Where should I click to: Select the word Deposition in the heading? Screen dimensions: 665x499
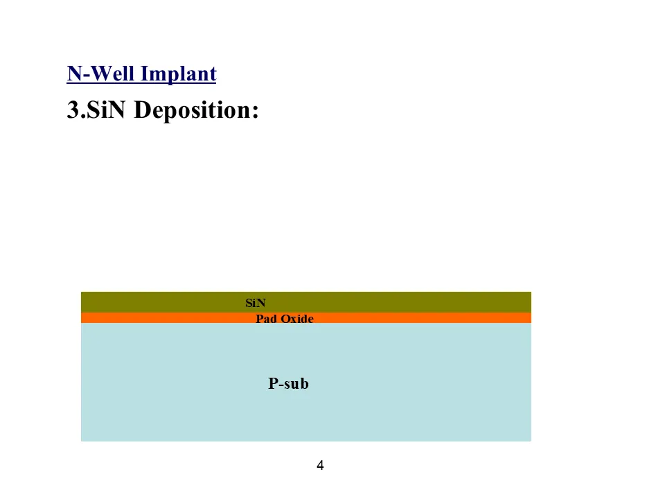click(190, 110)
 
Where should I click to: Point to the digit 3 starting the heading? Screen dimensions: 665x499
click(73, 110)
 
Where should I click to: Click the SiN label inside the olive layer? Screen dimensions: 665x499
click(256, 303)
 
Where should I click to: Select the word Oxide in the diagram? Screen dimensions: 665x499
click(296, 319)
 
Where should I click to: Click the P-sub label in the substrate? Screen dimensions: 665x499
click(288, 383)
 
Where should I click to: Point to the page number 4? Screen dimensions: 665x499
click(320, 465)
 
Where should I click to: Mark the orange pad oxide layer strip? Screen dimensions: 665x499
click(416, 318)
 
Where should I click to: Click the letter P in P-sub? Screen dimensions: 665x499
click(273, 383)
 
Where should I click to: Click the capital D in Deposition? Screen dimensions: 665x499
click(141, 110)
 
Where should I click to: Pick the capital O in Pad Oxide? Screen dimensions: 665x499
click(283, 319)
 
